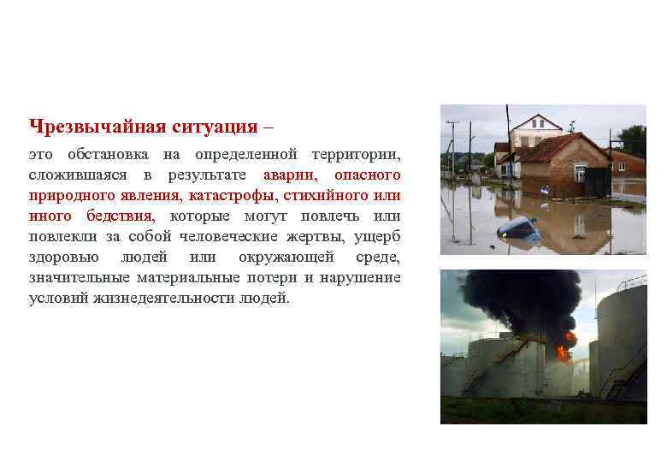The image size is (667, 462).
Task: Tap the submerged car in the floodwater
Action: pyautogui.click(x=518, y=228)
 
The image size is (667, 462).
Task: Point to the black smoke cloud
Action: pyautogui.click(x=522, y=299)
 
